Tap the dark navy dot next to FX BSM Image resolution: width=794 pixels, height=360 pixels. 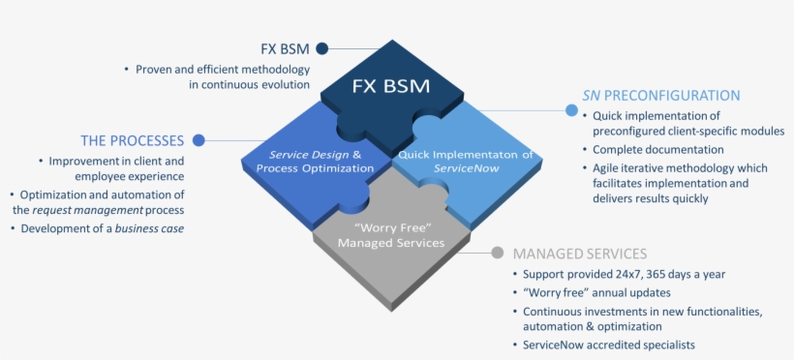(322, 47)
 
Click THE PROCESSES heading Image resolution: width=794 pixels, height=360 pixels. (132, 139)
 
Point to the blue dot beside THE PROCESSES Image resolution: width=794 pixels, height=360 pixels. (198, 139)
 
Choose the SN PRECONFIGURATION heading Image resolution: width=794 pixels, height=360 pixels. (660, 95)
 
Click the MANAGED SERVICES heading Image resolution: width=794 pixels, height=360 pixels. (579, 254)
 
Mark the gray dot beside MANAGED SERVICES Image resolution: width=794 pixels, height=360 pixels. (497, 254)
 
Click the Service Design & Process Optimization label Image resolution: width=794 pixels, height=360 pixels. (315, 161)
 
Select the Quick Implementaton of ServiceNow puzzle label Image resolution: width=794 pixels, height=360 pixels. (465, 161)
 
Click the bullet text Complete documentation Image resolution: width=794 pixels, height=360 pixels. (657, 149)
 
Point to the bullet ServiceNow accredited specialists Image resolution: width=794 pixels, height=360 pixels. (608, 345)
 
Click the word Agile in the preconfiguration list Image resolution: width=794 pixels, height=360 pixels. (609, 166)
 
